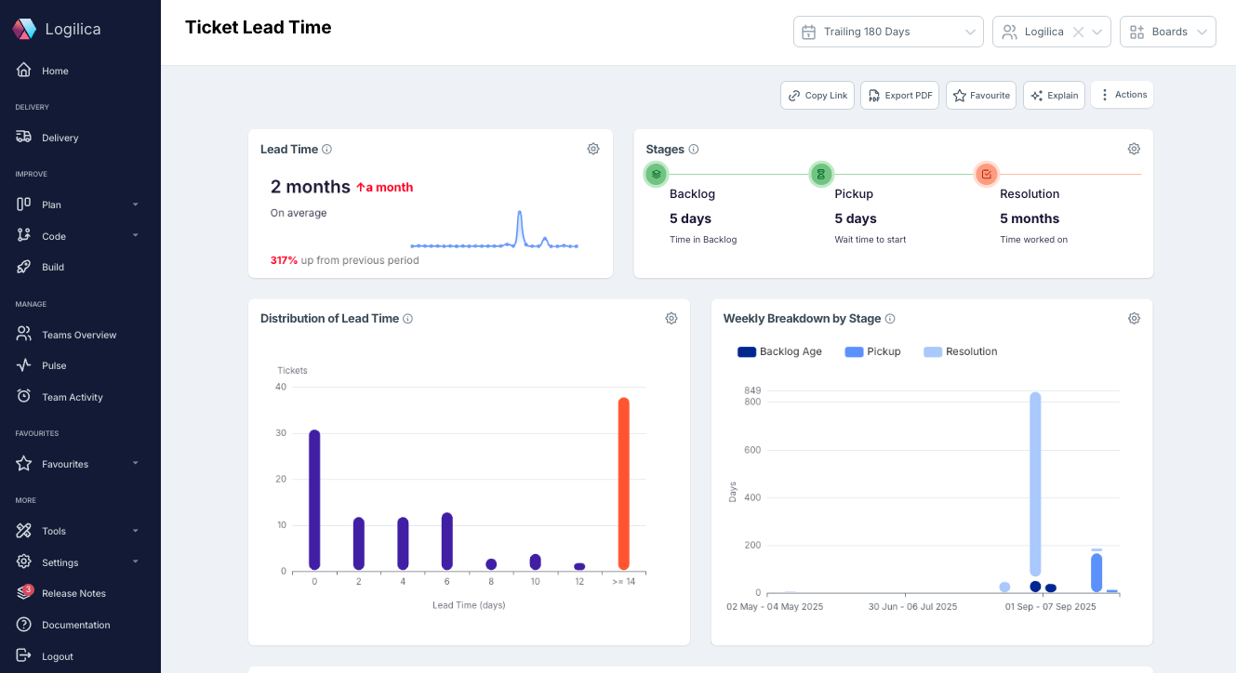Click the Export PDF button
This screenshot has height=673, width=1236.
tap(899, 96)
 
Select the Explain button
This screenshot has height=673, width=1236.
tap(1054, 96)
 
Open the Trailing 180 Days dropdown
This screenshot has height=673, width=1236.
tap(888, 32)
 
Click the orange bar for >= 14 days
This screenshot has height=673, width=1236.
tap(624, 483)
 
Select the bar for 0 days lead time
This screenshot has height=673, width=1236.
tap(314, 500)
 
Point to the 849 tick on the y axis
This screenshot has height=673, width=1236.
tap(752, 390)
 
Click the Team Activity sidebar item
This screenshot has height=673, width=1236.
tap(72, 397)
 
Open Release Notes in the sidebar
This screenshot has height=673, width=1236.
tap(73, 593)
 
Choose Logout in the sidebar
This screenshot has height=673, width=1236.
tap(57, 656)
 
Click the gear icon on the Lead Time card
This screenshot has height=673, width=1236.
tap(593, 150)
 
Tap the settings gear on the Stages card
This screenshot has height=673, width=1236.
tap(1134, 150)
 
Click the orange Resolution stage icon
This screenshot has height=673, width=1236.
tap(987, 174)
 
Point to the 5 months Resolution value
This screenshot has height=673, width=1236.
tap(1030, 219)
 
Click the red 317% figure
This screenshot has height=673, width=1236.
tap(284, 260)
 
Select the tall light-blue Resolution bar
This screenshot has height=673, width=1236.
tap(1035, 483)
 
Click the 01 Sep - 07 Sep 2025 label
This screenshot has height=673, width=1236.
tap(1050, 607)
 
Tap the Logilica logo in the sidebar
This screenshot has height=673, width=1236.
tap(24, 30)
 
